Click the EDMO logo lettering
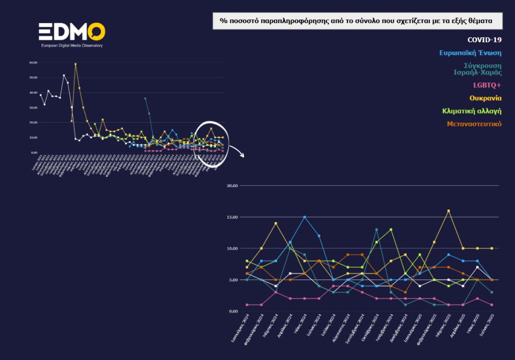point(72,31)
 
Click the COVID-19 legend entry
point(484,40)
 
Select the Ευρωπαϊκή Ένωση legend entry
point(470,53)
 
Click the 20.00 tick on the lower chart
point(232,186)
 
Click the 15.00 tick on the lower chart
point(232,217)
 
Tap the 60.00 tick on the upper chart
point(34,63)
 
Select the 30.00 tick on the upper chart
point(34,108)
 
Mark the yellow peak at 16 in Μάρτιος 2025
point(448,211)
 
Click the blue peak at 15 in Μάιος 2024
point(304,217)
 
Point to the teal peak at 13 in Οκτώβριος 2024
point(376,230)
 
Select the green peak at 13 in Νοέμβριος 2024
point(391,230)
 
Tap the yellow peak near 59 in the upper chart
point(75,64)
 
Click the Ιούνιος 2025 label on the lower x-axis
point(485,327)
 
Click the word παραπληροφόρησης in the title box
point(291,21)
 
